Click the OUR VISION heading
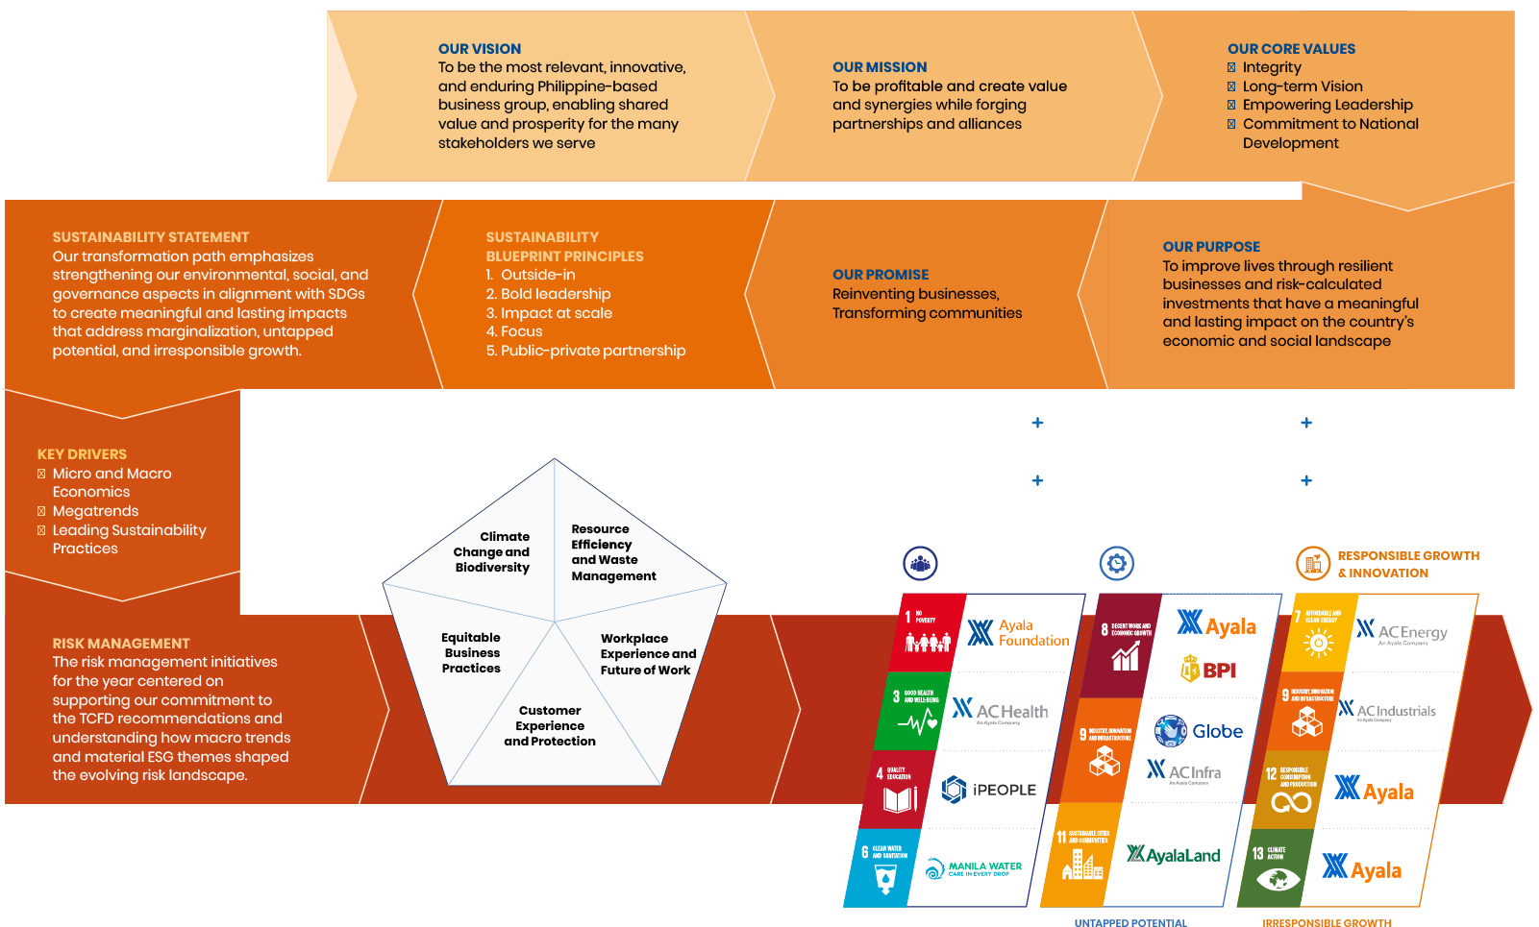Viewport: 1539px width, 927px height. pos(479,49)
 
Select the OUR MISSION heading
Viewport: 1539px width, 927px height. pos(880,67)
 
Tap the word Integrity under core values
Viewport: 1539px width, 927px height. pos(1271,67)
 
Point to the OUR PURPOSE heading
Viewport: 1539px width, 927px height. pos(1210,247)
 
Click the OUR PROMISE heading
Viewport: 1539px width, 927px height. pos(881,275)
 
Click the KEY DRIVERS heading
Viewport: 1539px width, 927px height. pos(82,454)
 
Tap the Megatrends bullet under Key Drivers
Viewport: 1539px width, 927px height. pos(95,511)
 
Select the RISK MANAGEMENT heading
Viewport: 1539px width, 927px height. pos(121,644)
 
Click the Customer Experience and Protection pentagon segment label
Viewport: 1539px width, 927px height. pos(550,726)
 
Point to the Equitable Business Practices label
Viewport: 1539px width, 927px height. pos(471,653)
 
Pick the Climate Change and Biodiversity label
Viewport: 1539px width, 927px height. pos(492,552)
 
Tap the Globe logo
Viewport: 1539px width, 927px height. pos(1199,731)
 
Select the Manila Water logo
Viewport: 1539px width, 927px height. pos(974,868)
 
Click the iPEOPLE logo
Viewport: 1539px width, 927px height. pos(988,790)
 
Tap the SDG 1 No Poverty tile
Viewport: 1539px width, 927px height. pos(925,632)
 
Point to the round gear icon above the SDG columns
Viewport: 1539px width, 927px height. pos(1116,563)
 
